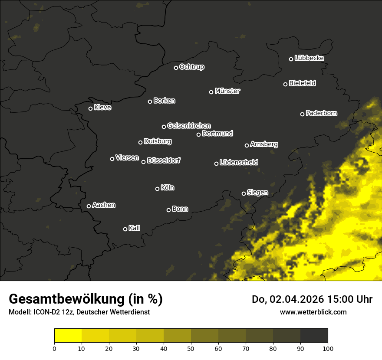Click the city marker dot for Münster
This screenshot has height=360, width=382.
click(x=211, y=92)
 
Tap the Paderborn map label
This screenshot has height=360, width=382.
click(x=321, y=113)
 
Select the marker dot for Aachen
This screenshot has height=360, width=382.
click(x=89, y=206)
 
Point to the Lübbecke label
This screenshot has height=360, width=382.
click(x=309, y=58)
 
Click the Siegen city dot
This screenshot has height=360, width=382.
click(x=244, y=193)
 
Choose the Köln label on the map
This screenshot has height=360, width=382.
click(x=168, y=188)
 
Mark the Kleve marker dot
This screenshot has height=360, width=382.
click(x=91, y=108)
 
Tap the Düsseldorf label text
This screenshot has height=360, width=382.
click(x=164, y=160)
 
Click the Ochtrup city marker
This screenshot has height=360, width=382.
click(x=176, y=68)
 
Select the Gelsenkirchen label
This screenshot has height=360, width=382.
click(x=189, y=126)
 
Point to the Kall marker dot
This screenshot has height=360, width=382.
click(x=125, y=229)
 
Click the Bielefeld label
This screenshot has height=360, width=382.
click(x=302, y=83)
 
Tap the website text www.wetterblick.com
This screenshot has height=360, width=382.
click(x=313, y=312)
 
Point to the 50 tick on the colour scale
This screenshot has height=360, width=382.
click(x=191, y=348)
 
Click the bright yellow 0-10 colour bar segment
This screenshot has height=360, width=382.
click(x=68, y=336)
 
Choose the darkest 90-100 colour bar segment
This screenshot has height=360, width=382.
click(x=314, y=336)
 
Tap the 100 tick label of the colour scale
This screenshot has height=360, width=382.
click(x=328, y=348)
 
